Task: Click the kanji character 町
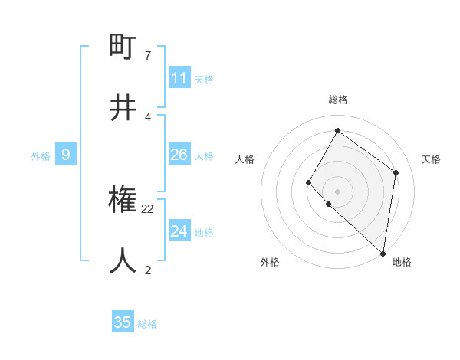pos(123,48)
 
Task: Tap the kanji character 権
pos(123,201)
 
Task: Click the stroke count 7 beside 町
pos(147,56)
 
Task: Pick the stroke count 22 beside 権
pos(148,208)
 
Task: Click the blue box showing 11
pos(179,78)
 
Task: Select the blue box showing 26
pos(179,155)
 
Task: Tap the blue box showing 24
pos(179,231)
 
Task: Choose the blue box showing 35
pos(123,322)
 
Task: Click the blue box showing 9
pos(66,155)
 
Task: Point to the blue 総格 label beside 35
pos(147,324)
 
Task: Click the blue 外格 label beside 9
pos(41,156)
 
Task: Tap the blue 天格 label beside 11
pos(204,80)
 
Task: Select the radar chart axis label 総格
pos(337,100)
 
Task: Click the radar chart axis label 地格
pos(402,262)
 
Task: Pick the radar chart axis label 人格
pos(245,159)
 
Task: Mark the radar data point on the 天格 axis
pos(396,172)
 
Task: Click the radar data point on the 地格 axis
pos(383,253)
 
